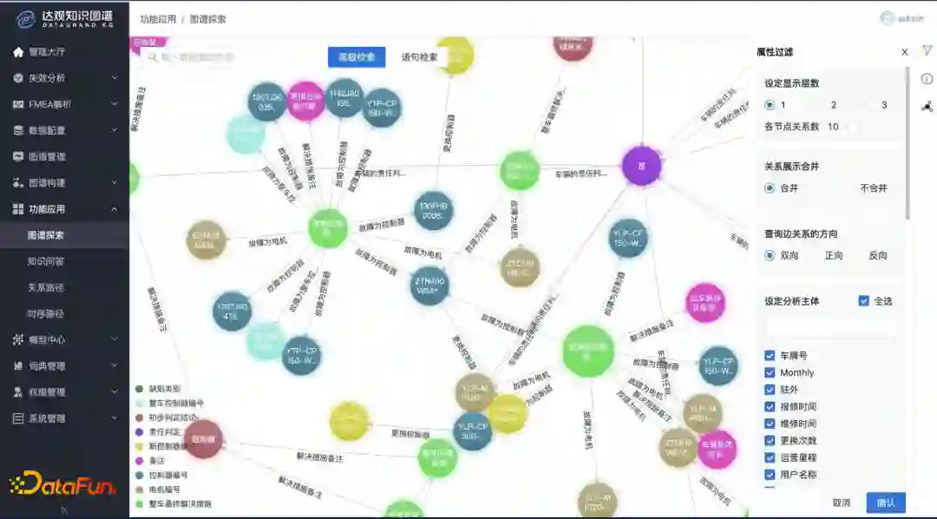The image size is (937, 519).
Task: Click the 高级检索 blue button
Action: coord(357,57)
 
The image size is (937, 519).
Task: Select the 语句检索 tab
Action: coord(419,57)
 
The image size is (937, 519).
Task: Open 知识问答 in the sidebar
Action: coord(46,261)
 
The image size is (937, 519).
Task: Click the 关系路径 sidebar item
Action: coord(46,287)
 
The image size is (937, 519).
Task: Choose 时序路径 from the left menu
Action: coord(46,313)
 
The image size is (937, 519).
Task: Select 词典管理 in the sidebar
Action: coord(47,366)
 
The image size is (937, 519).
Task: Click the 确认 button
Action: coord(885,503)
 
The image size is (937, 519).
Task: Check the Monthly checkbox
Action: coord(770,372)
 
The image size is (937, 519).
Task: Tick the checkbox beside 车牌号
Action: coord(770,356)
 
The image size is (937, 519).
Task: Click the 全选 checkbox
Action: coord(863,301)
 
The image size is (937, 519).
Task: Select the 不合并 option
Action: coord(873,188)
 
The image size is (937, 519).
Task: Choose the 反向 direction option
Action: coord(877,256)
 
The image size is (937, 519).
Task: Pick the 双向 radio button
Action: coord(770,256)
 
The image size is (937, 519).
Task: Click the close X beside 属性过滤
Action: coord(905,53)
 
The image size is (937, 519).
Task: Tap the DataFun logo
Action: coord(62,483)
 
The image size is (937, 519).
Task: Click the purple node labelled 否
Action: coord(642,166)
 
